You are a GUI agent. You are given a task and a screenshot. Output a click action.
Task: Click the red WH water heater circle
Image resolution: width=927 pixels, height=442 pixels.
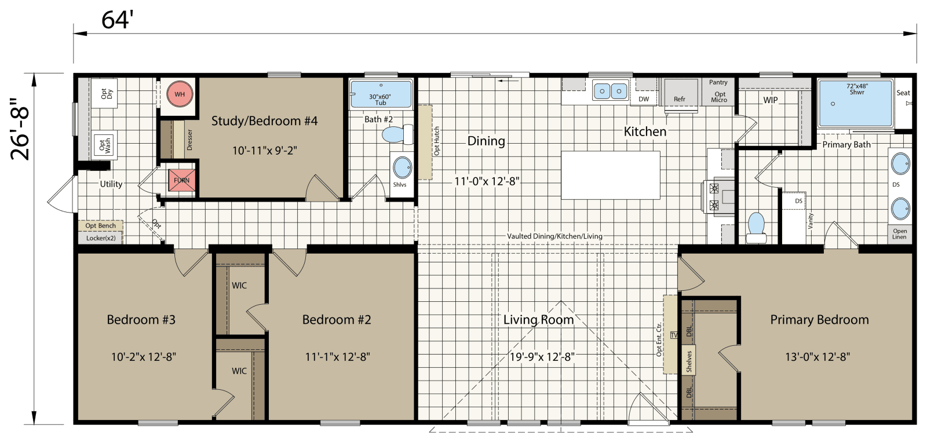click(180, 94)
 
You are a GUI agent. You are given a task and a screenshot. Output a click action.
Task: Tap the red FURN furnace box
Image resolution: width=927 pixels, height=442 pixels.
click(181, 180)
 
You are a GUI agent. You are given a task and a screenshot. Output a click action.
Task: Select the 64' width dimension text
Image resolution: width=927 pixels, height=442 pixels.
click(117, 20)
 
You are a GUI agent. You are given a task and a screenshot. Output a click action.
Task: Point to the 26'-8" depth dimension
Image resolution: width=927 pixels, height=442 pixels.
click(21, 129)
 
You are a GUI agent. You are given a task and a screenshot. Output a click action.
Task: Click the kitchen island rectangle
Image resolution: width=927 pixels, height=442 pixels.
click(611, 175)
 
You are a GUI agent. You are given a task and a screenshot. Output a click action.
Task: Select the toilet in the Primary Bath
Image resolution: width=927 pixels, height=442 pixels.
click(756, 227)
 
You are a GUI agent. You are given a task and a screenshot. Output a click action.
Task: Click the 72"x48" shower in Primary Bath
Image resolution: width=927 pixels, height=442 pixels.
click(855, 103)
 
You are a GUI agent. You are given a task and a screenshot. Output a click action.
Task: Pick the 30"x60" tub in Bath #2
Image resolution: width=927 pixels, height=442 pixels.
click(380, 94)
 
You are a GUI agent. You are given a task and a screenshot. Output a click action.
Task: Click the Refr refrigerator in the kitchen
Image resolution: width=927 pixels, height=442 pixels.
click(680, 96)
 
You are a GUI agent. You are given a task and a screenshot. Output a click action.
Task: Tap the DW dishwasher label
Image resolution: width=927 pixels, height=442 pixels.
click(644, 99)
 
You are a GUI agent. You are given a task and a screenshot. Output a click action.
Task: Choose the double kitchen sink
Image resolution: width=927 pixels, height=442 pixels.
click(611, 91)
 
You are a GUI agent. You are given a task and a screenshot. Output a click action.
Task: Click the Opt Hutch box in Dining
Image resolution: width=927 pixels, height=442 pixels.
click(426, 141)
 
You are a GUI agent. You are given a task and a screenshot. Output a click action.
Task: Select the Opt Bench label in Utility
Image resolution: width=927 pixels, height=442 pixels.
click(100, 225)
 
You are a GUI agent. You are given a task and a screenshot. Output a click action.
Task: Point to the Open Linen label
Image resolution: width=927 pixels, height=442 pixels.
click(899, 233)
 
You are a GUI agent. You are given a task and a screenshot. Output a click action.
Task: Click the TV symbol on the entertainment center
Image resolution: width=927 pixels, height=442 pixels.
click(674, 335)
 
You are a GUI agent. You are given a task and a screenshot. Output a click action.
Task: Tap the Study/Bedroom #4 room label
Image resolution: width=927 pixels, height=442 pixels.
click(264, 121)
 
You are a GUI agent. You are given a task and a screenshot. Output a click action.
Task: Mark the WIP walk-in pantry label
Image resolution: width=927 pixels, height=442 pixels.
click(771, 100)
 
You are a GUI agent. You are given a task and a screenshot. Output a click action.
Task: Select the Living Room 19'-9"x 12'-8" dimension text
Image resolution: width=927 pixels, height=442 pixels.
click(542, 357)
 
